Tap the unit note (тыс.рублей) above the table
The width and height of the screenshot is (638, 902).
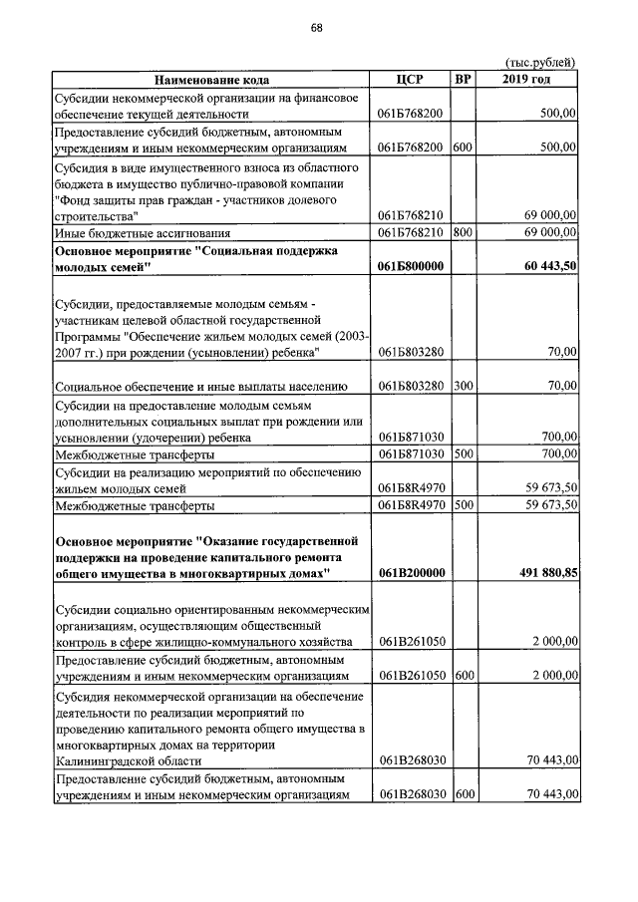click(x=541, y=63)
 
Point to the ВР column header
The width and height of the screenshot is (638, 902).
click(x=463, y=80)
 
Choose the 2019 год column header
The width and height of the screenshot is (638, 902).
click(x=529, y=80)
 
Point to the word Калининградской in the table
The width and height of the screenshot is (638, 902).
click(x=104, y=760)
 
